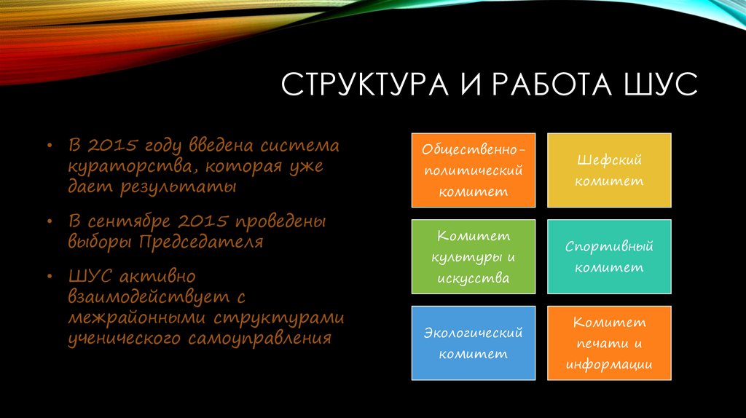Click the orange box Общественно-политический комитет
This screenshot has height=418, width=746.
[473, 170]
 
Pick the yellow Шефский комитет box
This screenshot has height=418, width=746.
[609, 170]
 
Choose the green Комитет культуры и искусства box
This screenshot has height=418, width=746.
[473, 256]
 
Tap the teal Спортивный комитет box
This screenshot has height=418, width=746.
[609, 256]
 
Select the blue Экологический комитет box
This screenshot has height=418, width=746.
[473, 343]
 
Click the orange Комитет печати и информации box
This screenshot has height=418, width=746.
[609, 343]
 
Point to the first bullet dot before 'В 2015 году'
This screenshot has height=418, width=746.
[50, 146]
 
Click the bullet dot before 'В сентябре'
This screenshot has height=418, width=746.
[50, 221]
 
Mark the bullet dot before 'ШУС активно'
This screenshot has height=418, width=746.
[50, 277]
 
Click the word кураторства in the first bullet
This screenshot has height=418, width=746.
[128, 166]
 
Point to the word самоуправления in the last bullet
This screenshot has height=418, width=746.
[261, 338]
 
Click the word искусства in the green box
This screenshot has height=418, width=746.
[473, 277]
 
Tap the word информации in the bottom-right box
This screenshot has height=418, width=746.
[609, 363]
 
